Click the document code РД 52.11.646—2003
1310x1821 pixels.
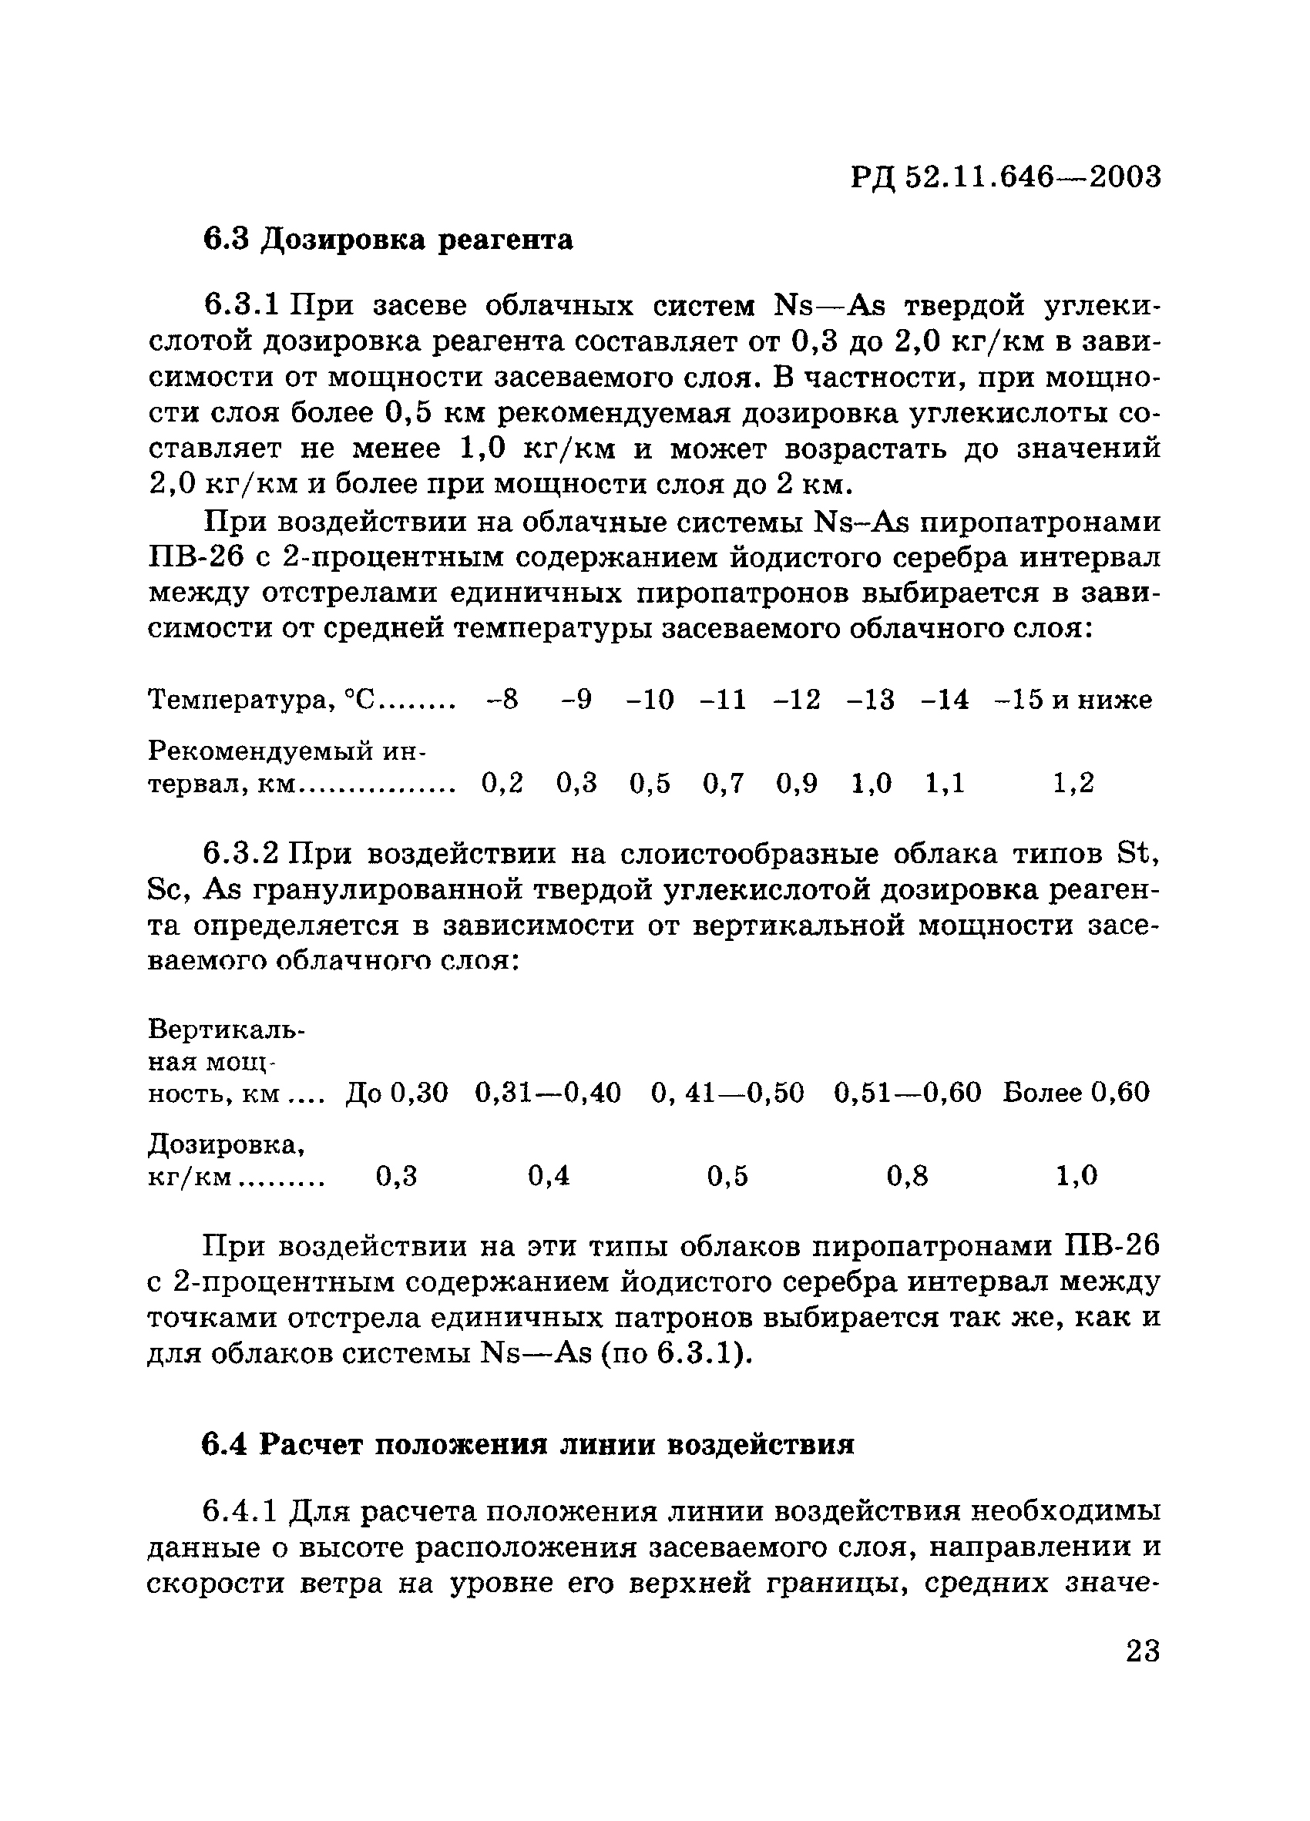[x=1006, y=176]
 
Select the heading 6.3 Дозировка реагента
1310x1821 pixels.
[x=388, y=239]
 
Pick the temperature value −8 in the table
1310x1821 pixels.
[x=502, y=701]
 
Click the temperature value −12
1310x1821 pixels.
[x=796, y=701]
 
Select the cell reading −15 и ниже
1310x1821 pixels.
[x=1073, y=701]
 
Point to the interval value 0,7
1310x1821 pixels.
[x=724, y=783]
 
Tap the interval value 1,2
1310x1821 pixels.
[x=1073, y=783]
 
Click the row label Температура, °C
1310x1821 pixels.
[x=263, y=701]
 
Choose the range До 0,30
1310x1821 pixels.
[x=397, y=1093]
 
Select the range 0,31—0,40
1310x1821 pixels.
[x=547, y=1093]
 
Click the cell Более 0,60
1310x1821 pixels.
[x=1076, y=1093]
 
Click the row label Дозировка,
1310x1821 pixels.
[x=227, y=1144]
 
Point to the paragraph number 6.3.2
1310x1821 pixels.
[x=240, y=854]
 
